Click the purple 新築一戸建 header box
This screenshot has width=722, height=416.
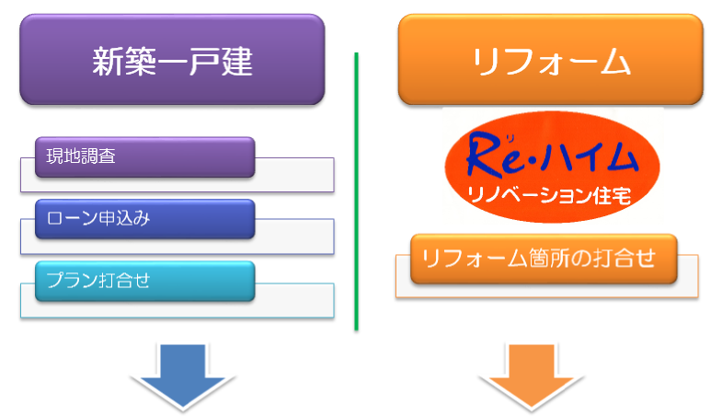[172, 60]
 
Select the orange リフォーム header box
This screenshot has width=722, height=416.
[551, 60]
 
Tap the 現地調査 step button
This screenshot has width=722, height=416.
[145, 157]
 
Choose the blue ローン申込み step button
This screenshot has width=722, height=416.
[145, 219]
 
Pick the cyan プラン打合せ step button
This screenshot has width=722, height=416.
[145, 281]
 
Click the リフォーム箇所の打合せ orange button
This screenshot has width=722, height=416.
[544, 259]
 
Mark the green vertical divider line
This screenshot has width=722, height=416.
[356, 191]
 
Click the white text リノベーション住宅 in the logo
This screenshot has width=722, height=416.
[549, 196]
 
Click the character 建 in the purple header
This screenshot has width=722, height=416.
[236, 62]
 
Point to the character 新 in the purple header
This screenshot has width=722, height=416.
[109, 62]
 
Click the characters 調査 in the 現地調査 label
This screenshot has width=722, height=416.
[98, 156]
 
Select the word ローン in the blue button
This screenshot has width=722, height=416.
[73, 218]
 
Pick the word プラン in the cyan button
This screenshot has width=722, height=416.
[73, 280]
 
